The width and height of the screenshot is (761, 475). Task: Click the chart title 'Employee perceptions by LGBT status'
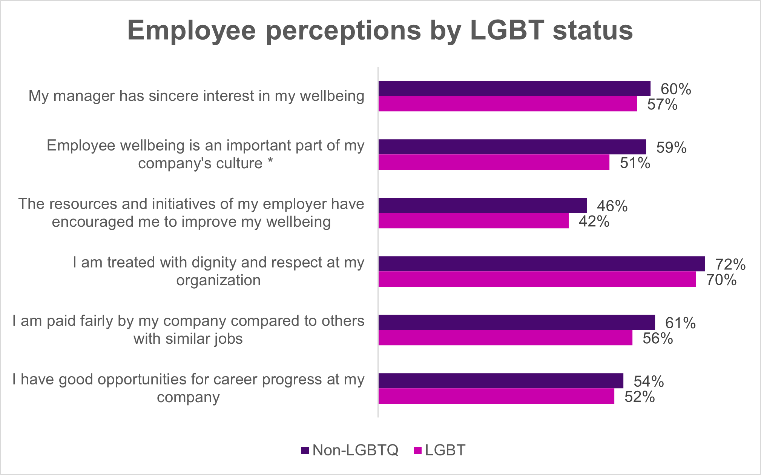[x=380, y=30]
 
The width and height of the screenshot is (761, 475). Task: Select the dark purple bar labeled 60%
[x=514, y=88]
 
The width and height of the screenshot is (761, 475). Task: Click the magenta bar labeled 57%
[x=508, y=104]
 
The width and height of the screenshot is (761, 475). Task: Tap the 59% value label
[x=671, y=148]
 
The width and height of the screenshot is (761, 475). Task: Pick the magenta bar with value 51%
[x=494, y=162]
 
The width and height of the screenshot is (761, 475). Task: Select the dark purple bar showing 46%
[x=483, y=205]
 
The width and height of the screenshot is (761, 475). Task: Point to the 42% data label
[x=594, y=221]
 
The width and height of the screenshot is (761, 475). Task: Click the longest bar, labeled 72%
[x=542, y=264]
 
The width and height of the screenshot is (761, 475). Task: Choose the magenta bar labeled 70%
[x=537, y=279]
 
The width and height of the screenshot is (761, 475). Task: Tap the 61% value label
[x=680, y=323]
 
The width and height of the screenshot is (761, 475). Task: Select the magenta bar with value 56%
[x=505, y=338]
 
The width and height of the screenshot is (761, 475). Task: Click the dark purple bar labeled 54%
[x=501, y=381]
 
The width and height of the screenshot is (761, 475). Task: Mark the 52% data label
[x=640, y=397]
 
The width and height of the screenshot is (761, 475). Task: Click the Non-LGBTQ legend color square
[x=305, y=450]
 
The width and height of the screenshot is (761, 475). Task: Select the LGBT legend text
[x=445, y=450]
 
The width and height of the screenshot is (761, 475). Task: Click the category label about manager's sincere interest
[x=196, y=96]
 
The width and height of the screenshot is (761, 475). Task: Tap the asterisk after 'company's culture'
[x=270, y=162]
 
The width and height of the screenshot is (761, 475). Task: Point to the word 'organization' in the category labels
[x=218, y=280]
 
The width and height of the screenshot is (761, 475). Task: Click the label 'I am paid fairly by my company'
[x=188, y=321]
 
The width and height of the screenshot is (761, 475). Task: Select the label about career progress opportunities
[x=188, y=388]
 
